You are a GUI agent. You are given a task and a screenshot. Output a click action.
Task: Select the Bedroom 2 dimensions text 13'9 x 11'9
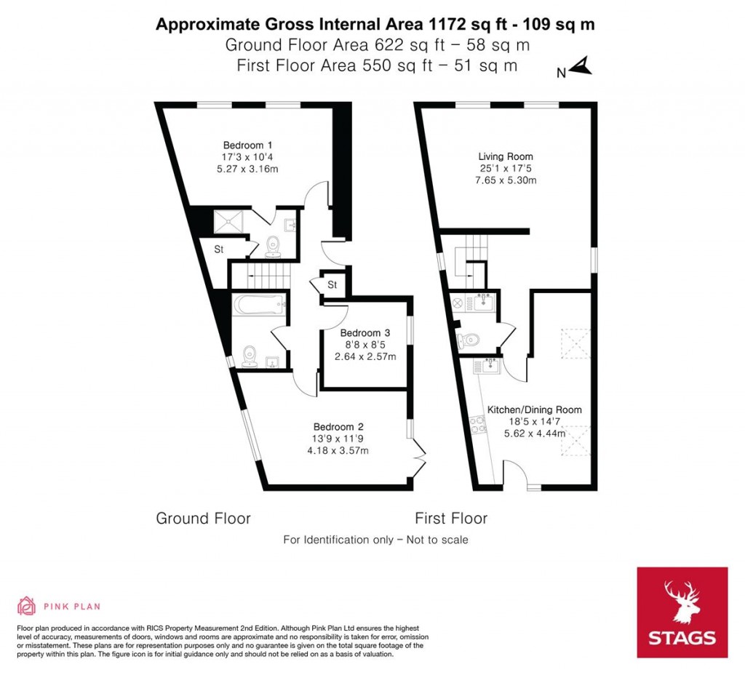(338, 439)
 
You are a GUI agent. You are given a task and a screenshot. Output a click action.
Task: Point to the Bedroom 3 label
(365, 333)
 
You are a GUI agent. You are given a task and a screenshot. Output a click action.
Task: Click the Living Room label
(505, 156)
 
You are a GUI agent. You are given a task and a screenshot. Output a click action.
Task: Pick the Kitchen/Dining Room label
(534, 410)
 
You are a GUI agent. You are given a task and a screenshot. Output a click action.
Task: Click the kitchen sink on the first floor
(487, 364)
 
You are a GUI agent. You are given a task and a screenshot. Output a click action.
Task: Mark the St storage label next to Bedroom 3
(332, 284)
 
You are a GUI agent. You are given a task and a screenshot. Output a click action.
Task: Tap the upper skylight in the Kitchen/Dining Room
(575, 343)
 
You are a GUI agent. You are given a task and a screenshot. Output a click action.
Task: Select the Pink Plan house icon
(27, 606)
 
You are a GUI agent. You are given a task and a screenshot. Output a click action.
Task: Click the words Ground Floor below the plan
(203, 519)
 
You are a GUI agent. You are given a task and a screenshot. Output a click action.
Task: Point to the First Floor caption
(450, 519)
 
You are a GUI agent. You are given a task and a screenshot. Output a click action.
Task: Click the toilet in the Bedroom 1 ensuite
(274, 246)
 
